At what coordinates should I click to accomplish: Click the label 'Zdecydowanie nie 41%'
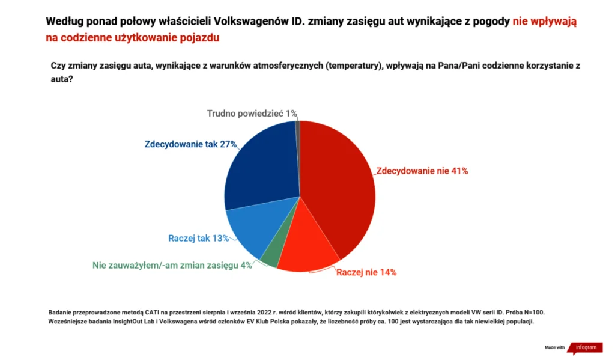422,171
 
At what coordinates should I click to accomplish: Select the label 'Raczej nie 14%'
366,272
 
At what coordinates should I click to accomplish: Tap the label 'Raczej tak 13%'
199,238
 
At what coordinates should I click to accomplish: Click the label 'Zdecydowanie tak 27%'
191,144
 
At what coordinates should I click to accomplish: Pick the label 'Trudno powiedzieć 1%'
252,114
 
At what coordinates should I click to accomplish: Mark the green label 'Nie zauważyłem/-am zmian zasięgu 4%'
172,265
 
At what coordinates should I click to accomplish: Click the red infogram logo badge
586,347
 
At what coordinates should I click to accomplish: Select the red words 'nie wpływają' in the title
544,21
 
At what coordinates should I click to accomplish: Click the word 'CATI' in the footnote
156,313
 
